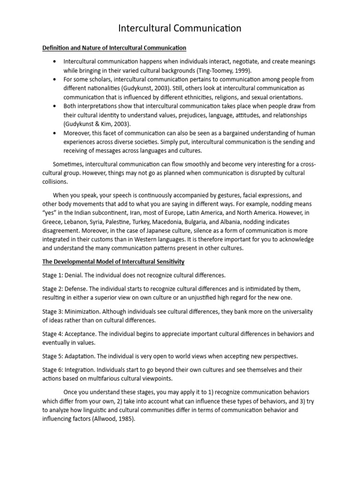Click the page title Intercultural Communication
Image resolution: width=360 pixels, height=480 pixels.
180,29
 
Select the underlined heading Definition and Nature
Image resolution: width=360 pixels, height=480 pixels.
114,48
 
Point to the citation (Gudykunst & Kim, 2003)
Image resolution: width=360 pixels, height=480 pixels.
97,124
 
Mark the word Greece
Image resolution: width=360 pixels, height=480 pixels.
52,222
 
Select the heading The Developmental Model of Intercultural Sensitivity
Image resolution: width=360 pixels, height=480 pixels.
113,261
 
